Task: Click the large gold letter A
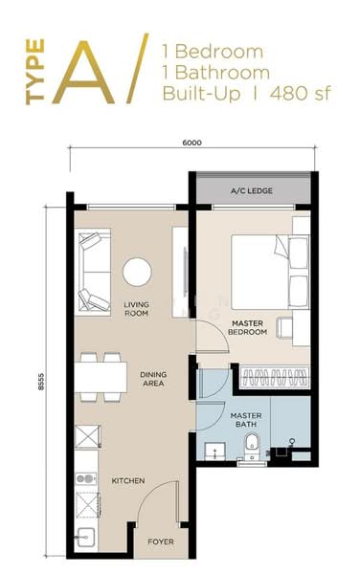click(x=92, y=69)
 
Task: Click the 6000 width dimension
click(x=191, y=143)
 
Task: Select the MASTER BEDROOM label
click(x=254, y=330)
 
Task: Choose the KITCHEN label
click(x=128, y=480)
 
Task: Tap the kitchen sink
click(x=84, y=541)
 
